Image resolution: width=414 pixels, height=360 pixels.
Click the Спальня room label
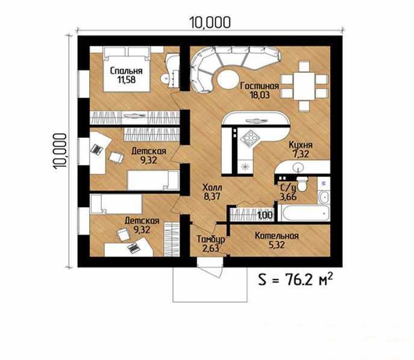pyautogui.click(x=126, y=70)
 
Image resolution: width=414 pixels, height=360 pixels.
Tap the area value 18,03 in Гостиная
pyautogui.click(x=260, y=95)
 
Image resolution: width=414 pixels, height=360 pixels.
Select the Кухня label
pyautogui.click(x=301, y=145)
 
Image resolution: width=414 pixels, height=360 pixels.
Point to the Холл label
pyautogui.click(x=212, y=188)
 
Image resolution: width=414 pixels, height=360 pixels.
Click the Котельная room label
pyautogui.click(x=277, y=236)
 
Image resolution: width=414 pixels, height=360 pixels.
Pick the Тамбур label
pyautogui.click(x=211, y=239)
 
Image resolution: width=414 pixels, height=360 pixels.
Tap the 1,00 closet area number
pyautogui.click(x=265, y=215)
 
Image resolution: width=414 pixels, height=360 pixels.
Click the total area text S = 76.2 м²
pyautogui.click(x=295, y=280)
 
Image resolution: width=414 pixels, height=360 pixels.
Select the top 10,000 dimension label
pyautogui.click(x=210, y=22)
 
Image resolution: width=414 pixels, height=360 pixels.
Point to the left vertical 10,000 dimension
pyautogui.click(x=60, y=151)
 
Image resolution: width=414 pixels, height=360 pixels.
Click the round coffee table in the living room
pyautogui.click(x=228, y=79)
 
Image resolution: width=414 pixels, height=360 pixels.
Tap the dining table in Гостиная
pyautogui.click(x=304, y=86)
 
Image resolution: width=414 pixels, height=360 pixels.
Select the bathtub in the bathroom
pyautogui.click(x=306, y=213)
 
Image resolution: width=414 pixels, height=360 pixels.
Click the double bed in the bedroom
pyautogui.click(x=127, y=69)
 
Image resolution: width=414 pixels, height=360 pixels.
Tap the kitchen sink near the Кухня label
pyautogui.click(x=298, y=167)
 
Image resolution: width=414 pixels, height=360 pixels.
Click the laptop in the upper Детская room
pyautogui.click(x=96, y=149)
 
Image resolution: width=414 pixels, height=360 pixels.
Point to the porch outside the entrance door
pyautogui.click(x=210, y=285)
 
